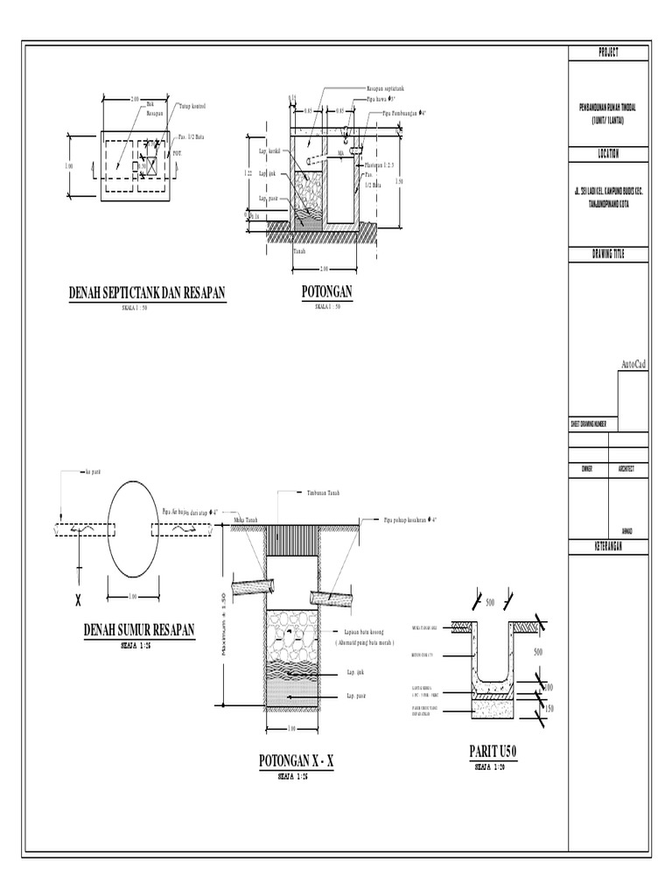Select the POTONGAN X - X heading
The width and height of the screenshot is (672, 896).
(x=297, y=762)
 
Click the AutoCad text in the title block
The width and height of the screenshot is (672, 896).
(x=633, y=364)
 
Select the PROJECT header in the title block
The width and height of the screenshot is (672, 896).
(x=608, y=53)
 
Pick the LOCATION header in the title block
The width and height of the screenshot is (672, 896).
(x=608, y=153)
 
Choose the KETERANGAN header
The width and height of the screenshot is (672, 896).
(x=608, y=547)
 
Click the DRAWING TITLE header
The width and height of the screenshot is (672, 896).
(x=608, y=255)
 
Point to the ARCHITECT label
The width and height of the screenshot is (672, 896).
(x=626, y=469)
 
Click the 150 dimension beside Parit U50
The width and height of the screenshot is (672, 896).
(x=549, y=709)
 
